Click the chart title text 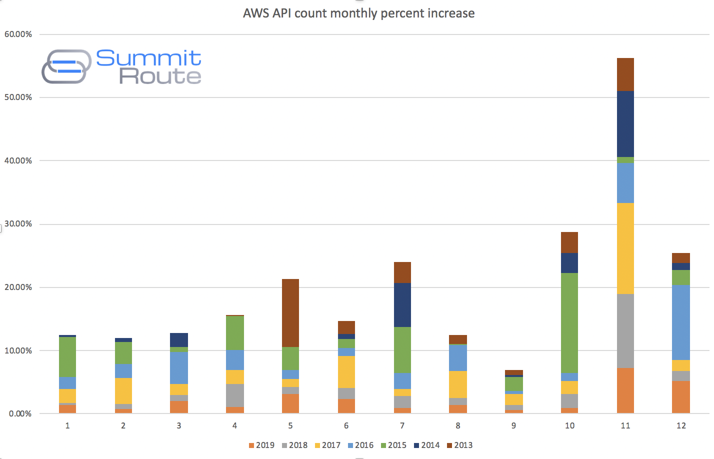pos(358,13)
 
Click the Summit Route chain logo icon pos(66,66)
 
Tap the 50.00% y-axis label pos(18,97)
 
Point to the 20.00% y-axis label pos(18,287)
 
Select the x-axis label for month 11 pos(625,425)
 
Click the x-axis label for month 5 pos(290,425)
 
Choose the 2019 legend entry pos(261,445)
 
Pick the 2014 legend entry pos(427,445)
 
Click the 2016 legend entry pos(360,445)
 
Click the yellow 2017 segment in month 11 pos(625,248)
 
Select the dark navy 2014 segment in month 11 pos(625,124)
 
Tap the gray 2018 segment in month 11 pos(625,331)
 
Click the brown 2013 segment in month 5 pos(290,313)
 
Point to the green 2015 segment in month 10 pos(569,323)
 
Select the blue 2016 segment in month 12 pos(681,322)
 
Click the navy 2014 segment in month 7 pos(402,305)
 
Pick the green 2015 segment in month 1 pos(67,357)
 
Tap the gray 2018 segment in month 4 pos(235,395)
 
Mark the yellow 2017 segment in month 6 pos(346,372)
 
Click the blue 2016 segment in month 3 pos(179,368)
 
